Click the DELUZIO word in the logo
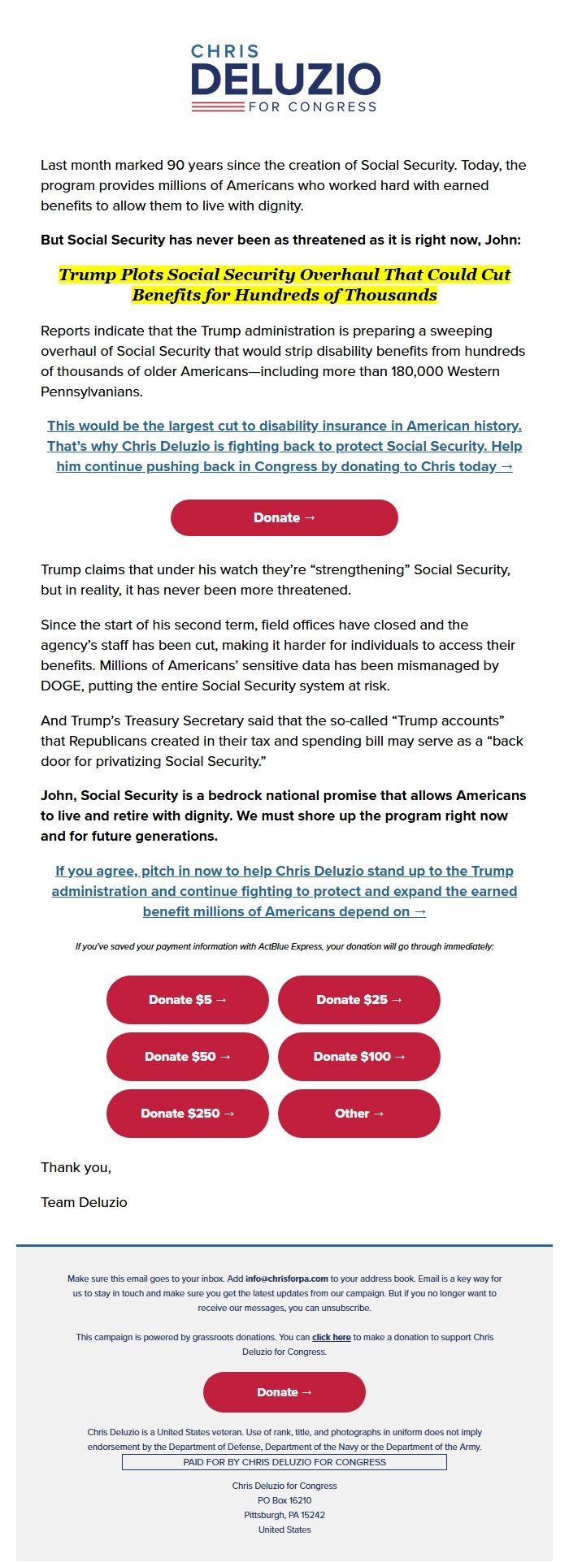[285, 80]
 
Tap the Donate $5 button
[188, 1000]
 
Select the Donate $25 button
[358, 1000]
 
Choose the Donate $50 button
[188, 1057]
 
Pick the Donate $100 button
[358, 1057]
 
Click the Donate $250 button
[188, 1114]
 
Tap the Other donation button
[358, 1114]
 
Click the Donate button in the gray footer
[284, 1392]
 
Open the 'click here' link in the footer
[331, 1337]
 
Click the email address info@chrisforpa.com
[287, 1279]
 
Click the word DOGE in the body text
[61, 686]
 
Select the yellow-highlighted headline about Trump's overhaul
[284, 284]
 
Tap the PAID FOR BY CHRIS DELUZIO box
[284, 1462]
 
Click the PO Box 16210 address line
[284, 1500]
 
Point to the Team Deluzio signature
[84, 1202]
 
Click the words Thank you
[76, 1167]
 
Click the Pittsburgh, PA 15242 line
[284, 1515]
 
